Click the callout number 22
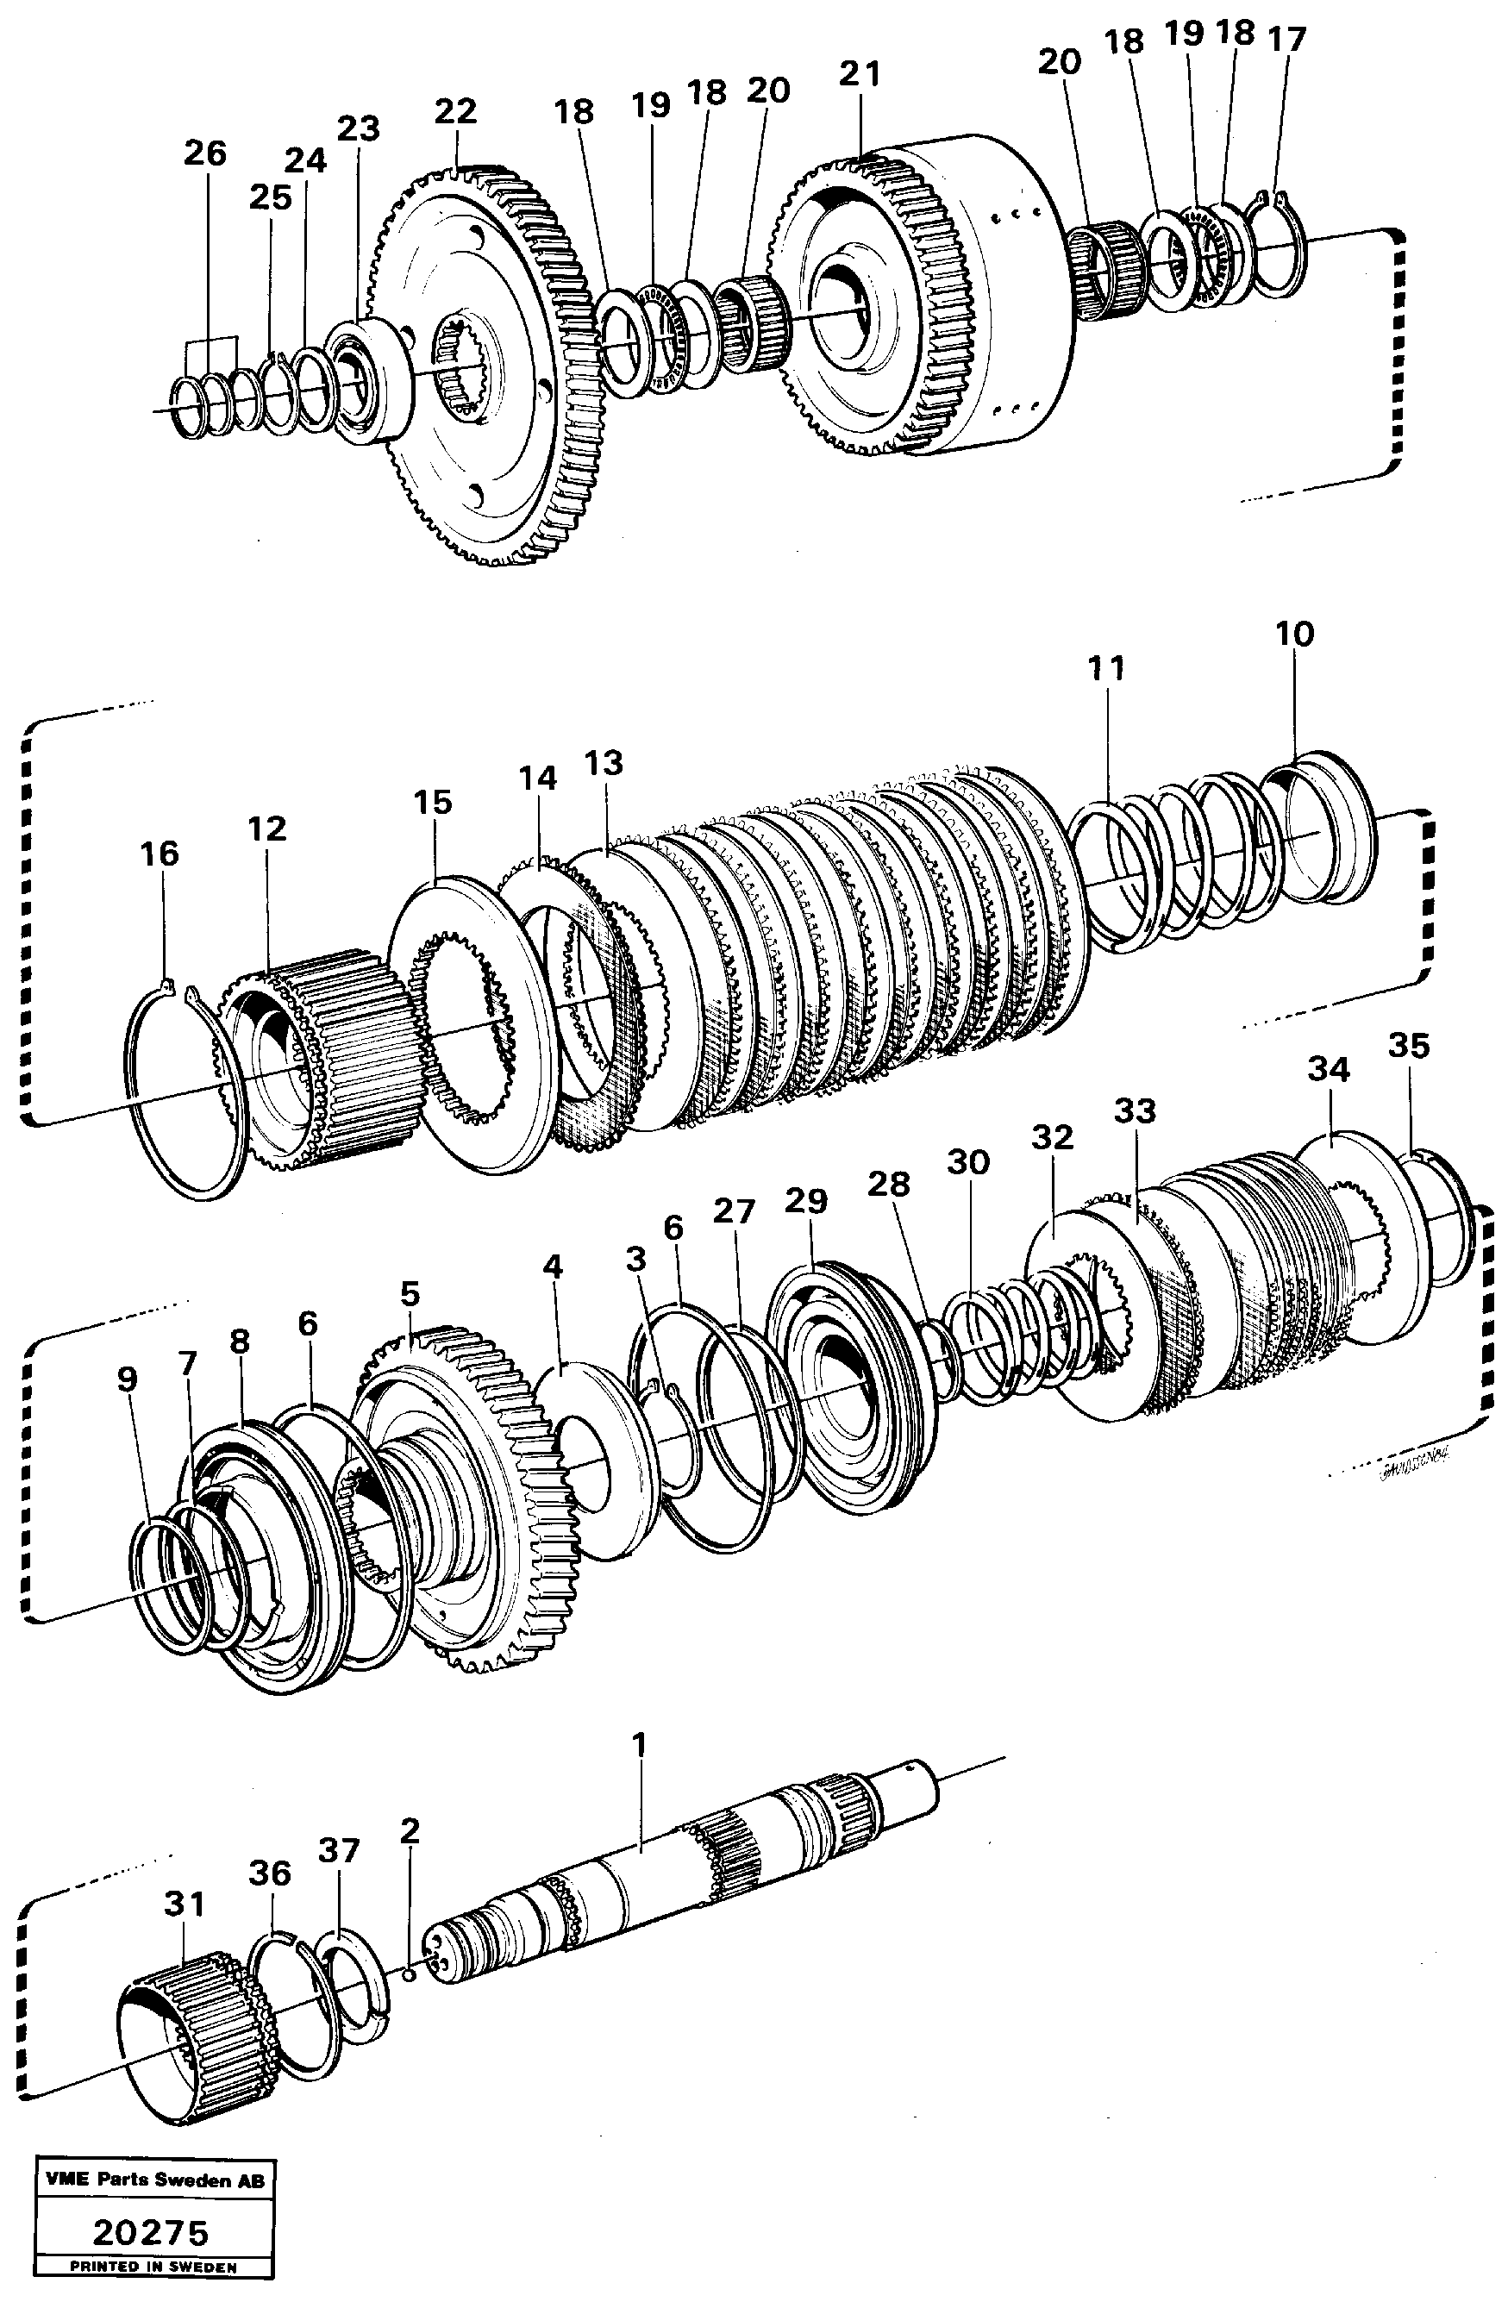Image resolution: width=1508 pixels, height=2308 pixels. click(455, 110)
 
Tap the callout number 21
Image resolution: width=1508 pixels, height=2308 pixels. click(860, 73)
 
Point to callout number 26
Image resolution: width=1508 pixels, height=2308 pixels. click(204, 153)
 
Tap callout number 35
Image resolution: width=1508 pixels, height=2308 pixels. click(1408, 1046)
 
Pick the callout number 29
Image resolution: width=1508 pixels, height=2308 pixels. click(806, 1200)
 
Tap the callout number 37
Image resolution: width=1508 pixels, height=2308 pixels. click(339, 1851)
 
